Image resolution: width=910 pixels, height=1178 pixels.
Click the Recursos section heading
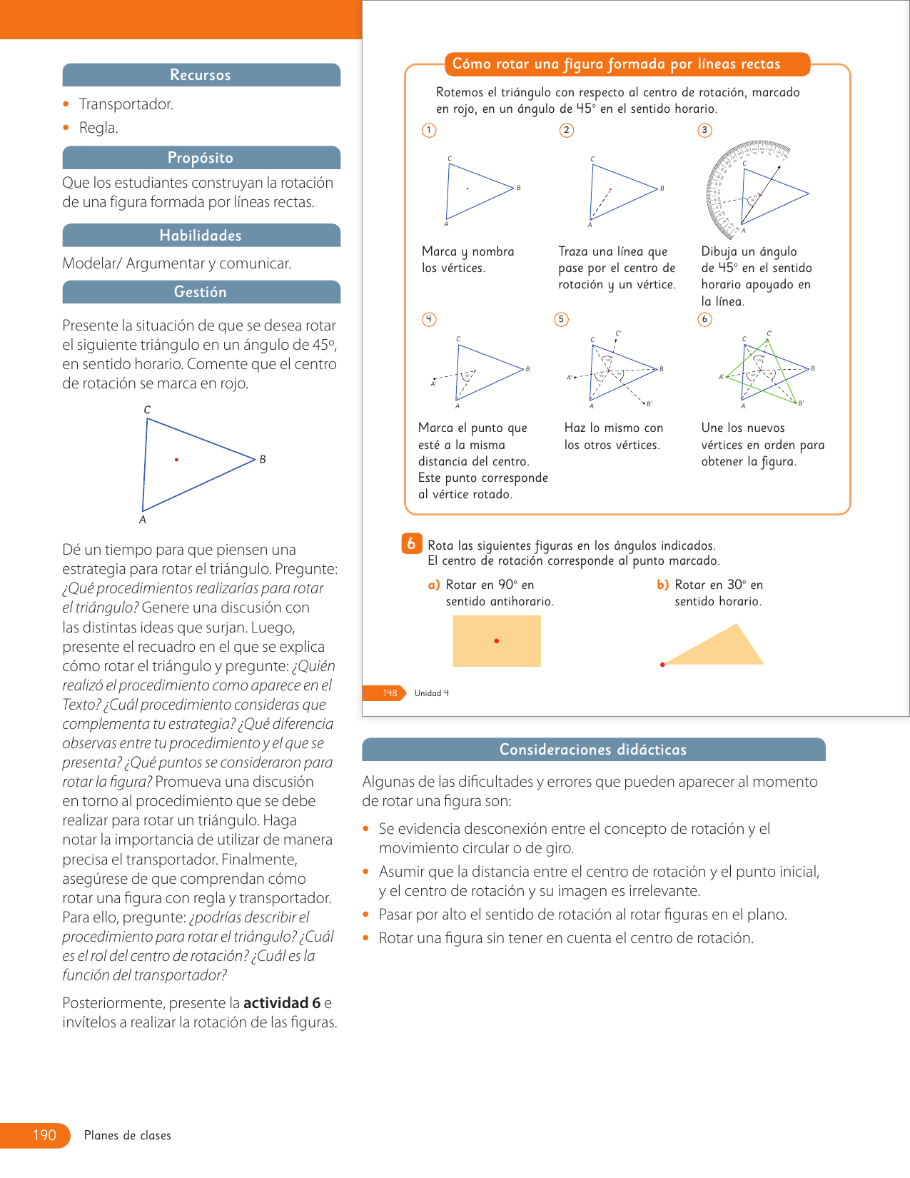[x=201, y=75]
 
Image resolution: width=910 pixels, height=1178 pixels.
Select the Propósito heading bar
[x=201, y=158]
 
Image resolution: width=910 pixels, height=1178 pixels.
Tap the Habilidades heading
[x=201, y=236]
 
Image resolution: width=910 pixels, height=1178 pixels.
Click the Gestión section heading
[x=201, y=292]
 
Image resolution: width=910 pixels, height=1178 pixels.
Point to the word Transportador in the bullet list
[x=126, y=104]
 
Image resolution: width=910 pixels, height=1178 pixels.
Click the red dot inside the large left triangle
[x=176, y=460]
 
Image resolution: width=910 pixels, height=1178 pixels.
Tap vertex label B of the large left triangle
[x=263, y=459]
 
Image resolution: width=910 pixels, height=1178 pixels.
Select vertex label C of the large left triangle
[x=147, y=410]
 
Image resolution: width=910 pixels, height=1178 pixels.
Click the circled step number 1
[x=429, y=130]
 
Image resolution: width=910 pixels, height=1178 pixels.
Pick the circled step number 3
[x=704, y=130]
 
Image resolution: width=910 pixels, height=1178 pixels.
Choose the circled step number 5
[x=562, y=319]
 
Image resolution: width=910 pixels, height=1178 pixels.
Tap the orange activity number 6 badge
[x=411, y=544]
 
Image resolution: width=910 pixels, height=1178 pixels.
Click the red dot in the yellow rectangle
[x=497, y=641]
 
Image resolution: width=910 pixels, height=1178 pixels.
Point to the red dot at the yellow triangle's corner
[x=662, y=665]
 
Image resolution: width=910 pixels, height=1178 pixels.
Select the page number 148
[x=390, y=693]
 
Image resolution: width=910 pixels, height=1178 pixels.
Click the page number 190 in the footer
[x=44, y=1135]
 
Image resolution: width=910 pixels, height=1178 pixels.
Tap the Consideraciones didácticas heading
[x=592, y=750]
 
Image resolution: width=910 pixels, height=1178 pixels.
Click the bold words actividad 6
[x=282, y=1003]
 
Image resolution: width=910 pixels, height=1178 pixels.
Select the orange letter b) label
[x=662, y=585]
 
